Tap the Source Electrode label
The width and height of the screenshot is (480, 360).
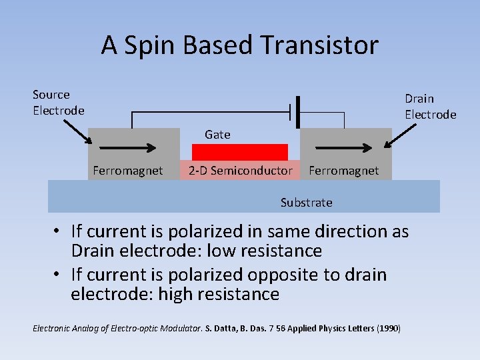(59, 103)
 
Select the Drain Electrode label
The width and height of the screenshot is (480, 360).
(431, 107)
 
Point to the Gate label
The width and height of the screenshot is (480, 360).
(217, 135)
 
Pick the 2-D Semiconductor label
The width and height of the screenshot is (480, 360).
(240, 171)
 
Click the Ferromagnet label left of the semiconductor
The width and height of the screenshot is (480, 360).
(127, 171)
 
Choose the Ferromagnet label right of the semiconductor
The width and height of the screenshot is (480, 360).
(343, 171)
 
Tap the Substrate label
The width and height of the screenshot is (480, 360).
(306, 202)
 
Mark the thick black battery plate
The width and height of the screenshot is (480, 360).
(297, 112)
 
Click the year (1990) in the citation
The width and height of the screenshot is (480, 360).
(389, 329)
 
